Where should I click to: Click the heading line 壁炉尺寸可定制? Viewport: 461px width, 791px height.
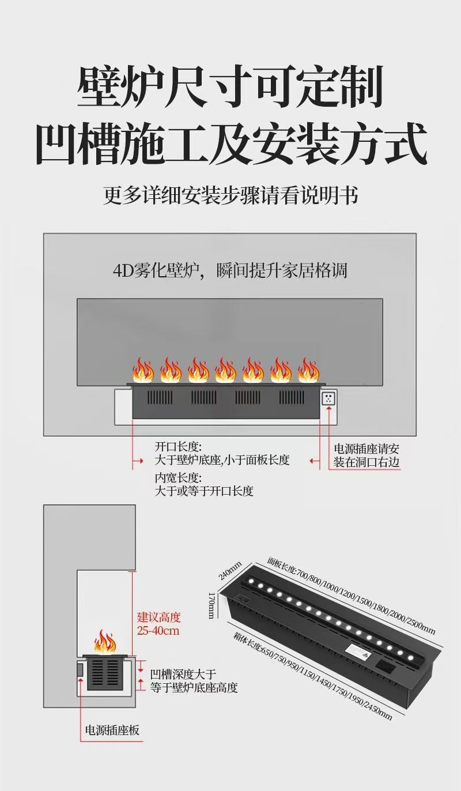(x=231, y=88)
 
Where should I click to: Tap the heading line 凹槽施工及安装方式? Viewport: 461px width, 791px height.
(x=231, y=144)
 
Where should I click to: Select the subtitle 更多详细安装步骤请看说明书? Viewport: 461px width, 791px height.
(x=231, y=195)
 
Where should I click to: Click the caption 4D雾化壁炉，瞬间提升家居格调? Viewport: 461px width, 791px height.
(x=230, y=270)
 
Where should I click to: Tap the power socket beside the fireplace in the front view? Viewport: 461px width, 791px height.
(x=328, y=398)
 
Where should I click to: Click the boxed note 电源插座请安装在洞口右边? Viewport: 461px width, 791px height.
(x=366, y=455)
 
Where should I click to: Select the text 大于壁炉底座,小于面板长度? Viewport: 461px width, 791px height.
(x=222, y=460)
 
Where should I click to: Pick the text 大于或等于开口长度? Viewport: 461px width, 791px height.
(x=204, y=491)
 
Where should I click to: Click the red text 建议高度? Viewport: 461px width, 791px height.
(x=159, y=617)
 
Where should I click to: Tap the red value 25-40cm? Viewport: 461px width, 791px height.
(x=158, y=631)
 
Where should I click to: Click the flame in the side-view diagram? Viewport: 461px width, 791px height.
(x=105, y=642)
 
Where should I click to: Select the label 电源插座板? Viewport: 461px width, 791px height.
(x=112, y=731)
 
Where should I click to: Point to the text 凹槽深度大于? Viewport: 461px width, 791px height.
(x=183, y=674)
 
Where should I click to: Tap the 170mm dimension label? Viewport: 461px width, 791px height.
(x=211, y=605)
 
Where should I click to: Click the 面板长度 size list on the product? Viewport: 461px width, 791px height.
(x=351, y=594)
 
